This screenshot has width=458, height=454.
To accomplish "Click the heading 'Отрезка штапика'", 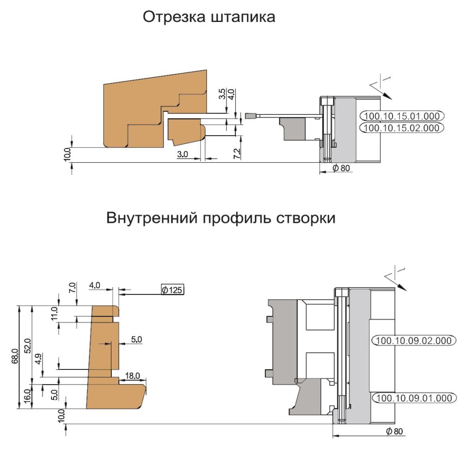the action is pyautogui.click(x=209, y=17).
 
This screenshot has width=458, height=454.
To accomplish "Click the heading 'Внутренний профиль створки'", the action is pyautogui.click(x=221, y=218).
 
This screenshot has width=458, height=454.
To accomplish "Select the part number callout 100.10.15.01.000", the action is pyautogui.click(x=402, y=116).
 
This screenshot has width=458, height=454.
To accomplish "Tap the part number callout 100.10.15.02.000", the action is pyautogui.click(x=402, y=128).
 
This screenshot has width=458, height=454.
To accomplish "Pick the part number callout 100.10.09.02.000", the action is pyautogui.click(x=414, y=340).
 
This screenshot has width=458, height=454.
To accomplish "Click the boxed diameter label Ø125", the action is pyautogui.click(x=172, y=289).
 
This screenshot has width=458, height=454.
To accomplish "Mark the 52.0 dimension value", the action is pyautogui.click(x=27, y=346).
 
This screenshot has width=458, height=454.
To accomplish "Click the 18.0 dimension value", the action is pyautogui.click(x=132, y=376).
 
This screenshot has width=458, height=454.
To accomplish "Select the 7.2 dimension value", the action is pyautogui.click(x=237, y=153).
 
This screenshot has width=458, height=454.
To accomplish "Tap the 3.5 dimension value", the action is pyautogui.click(x=222, y=94).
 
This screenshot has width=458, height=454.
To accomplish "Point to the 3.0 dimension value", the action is pyautogui.click(x=182, y=154).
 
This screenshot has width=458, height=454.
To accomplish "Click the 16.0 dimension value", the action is pyautogui.click(x=27, y=396).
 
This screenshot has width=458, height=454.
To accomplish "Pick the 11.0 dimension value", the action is pyautogui.click(x=55, y=314).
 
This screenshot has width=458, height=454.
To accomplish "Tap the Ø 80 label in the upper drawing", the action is pyautogui.click(x=341, y=168).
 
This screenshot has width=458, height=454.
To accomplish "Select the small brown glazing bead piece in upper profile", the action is pyautogui.click(x=186, y=132).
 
